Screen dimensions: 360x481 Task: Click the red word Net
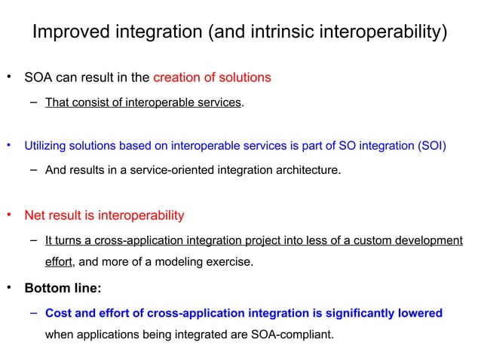(x=35, y=215)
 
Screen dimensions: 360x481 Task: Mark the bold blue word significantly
(x=366, y=312)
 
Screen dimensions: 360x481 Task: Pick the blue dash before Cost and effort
(x=35, y=311)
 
